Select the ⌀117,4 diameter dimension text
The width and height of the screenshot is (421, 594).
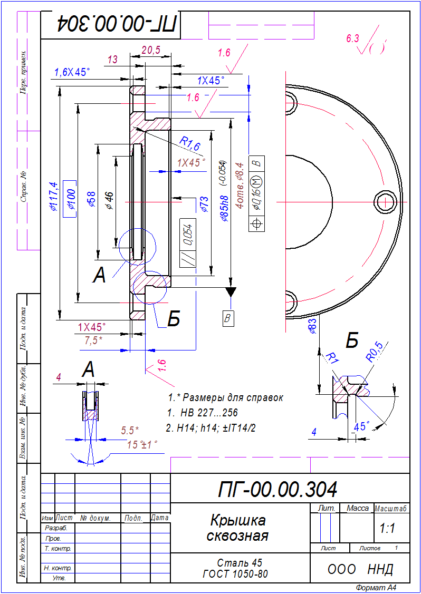pyautogui.click(x=52, y=196)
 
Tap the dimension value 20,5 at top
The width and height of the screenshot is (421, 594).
pyautogui.click(x=151, y=50)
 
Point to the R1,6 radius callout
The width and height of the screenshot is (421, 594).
pyautogui.click(x=189, y=143)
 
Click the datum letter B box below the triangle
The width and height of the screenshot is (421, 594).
pyautogui.click(x=228, y=318)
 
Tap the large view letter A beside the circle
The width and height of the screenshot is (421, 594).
pyautogui.click(x=99, y=276)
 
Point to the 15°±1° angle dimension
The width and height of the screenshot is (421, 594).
pyautogui.click(x=142, y=444)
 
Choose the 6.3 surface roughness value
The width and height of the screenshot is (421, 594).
pyautogui.click(x=352, y=38)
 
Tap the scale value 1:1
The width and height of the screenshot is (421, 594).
pyautogui.click(x=387, y=529)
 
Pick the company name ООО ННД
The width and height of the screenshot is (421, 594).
pyautogui.click(x=360, y=569)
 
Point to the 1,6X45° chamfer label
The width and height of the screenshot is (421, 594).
pyautogui.click(x=71, y=73)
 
